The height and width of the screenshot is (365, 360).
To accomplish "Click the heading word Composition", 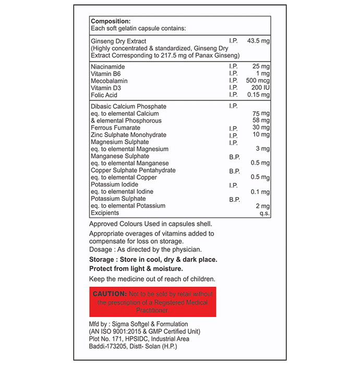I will tap(111, 21).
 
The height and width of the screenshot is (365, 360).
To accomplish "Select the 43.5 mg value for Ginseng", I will tap(258, 41).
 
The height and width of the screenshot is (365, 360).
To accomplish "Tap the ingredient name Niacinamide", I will tap(108, 67).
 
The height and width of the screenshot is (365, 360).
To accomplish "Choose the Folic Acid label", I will tap(104, 95).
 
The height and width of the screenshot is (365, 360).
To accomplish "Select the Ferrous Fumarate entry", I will tap(115, 128).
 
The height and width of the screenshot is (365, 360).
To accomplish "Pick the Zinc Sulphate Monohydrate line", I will tap(128, 135).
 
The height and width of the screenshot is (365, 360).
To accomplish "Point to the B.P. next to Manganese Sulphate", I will tap(234, 156).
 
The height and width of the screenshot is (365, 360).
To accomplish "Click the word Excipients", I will tap(105, 213).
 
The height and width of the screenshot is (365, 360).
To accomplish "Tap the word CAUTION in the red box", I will tap(110, 294).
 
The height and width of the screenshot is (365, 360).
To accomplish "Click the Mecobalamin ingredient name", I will tap(109, 81).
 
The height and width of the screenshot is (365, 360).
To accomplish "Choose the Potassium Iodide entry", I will tap(114, 185).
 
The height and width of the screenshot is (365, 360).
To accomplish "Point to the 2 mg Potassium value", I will tap(262, 206).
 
